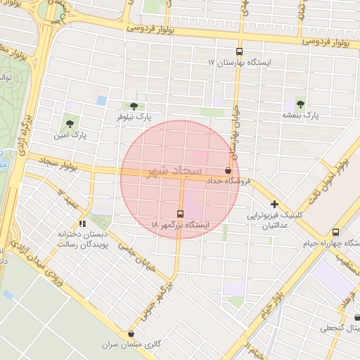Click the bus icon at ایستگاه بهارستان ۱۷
(x=239, y=51)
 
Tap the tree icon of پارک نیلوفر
(x=134, y=106)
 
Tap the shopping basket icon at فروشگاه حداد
(x=227, y=170)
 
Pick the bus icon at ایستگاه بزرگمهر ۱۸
(x=180, y=214)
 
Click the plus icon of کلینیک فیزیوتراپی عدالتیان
(x=274, y=205)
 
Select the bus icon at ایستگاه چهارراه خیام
(x=335, y=232)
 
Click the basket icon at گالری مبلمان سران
(x=131, y=333)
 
